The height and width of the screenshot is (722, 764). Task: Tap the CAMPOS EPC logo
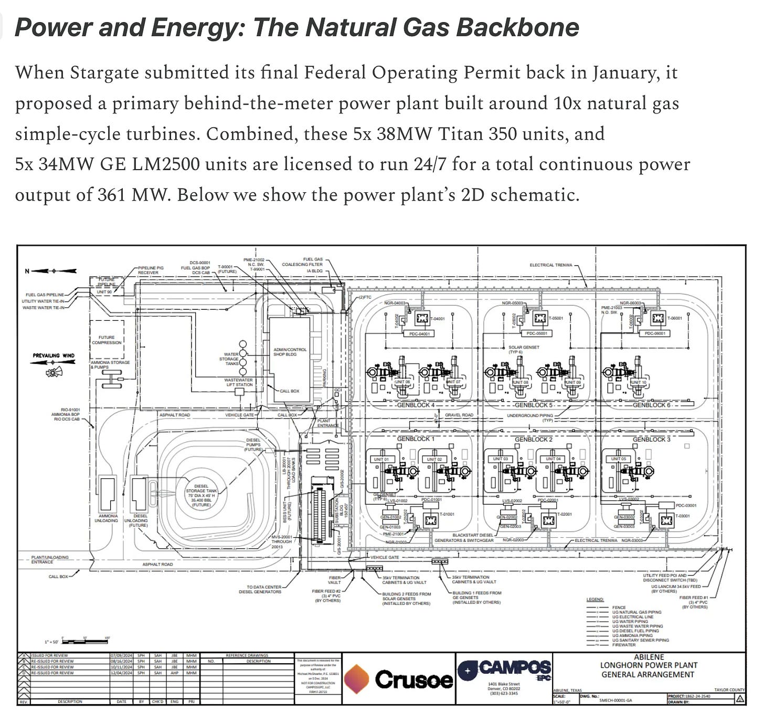pos(504,669)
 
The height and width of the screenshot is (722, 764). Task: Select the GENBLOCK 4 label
pos(416,405)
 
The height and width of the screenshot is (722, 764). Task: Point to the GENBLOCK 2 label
pos(533,439)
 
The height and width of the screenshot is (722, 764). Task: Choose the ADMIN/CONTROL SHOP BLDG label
pos(290,352)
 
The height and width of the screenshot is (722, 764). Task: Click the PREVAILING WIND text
pos(54,355)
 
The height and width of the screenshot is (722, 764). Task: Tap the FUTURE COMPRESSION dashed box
pos(107,340)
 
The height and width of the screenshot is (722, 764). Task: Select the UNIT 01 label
pos(381,459)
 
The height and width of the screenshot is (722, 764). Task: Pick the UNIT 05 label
pos(618,458)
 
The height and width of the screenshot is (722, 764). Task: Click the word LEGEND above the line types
pos(595,599)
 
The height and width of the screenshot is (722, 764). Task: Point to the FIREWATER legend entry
pos(623,645)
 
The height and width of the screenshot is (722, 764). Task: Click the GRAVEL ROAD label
pos(459,415)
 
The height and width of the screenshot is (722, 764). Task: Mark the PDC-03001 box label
pos(686,506)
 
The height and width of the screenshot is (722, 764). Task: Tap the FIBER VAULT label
pos(334,580)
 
